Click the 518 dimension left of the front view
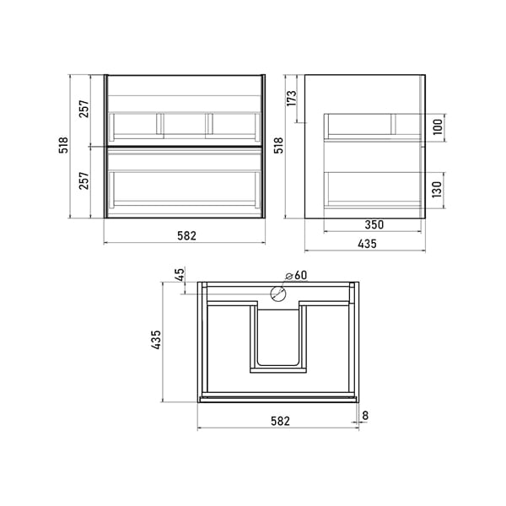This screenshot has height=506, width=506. click(x=63, y=145)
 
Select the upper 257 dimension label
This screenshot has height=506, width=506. click(x=83, y=109)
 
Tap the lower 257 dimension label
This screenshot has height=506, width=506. click(x=83, y=180)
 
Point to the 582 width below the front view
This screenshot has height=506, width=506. click(x=186, y=236)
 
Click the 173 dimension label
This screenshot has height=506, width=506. click(x=291, y=98)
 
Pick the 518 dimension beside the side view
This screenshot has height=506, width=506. click(x=278, y=145)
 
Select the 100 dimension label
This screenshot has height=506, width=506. click(x=438, y=127)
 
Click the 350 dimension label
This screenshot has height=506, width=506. click(x=374, y=224)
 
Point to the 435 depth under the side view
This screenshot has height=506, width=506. click(x=367, y=244)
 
